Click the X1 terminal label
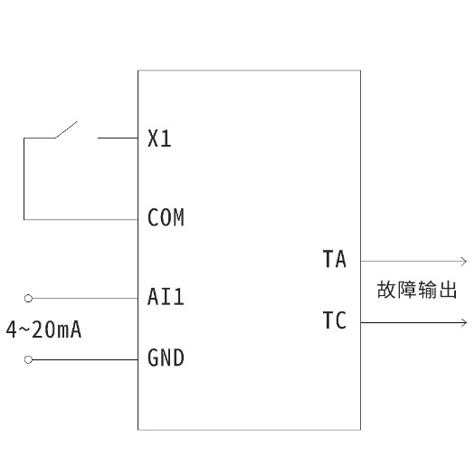click(x=159, y=139)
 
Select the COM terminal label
click(x=166, y=218)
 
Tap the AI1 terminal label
click(x=166, y=297)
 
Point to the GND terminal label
click(x=166, y=358)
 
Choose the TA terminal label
click(x=334, y=260)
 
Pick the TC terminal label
click(x=334, y=321)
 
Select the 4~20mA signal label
click(x=43, y=330)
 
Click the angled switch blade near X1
click(x=66, y=129)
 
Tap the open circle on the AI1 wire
click(x=28, y=297)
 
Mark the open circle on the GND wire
click(x=28, y=359)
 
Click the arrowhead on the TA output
click(x=463, y=260)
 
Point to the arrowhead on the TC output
click(x=463, y=321)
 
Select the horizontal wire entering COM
click(x=81, y=219)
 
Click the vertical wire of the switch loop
click(x=24, y=178)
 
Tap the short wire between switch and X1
click(x=117, y=139)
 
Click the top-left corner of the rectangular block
click(x=138, y=71)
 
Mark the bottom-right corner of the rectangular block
click(x=360, y=429)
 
